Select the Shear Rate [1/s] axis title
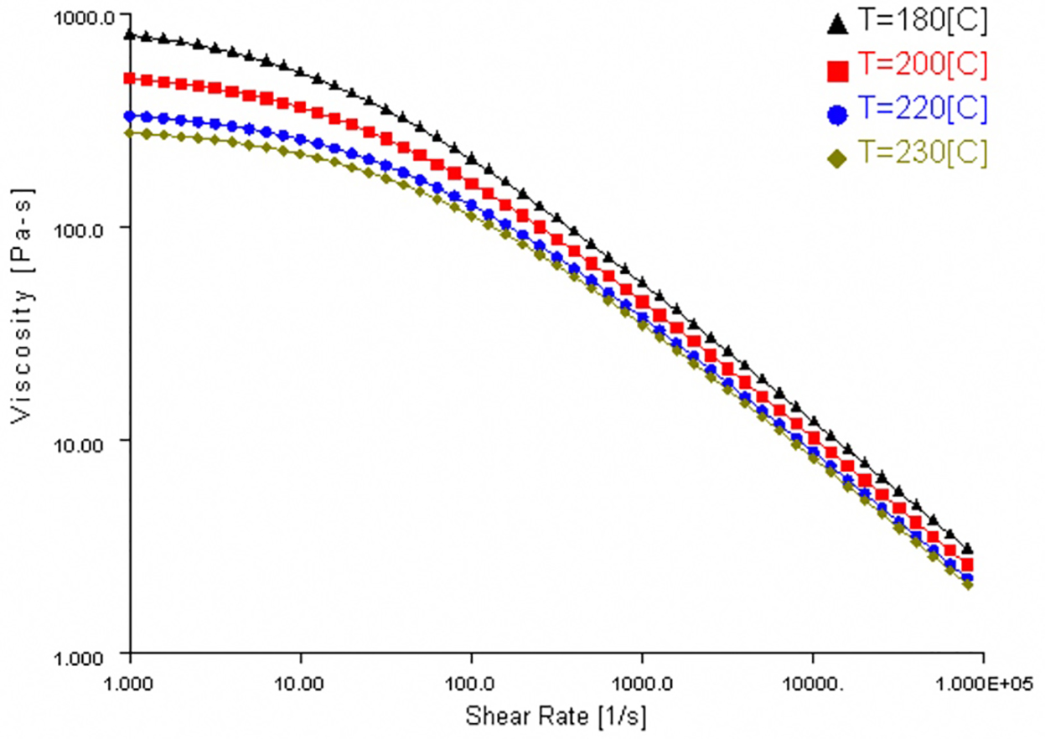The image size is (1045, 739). [x=556, y=717]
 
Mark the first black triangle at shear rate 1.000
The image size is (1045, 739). [x=130, y=35]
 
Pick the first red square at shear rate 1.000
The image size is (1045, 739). [x=130, y=79]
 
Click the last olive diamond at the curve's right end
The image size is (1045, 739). [x=968, y=584]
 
